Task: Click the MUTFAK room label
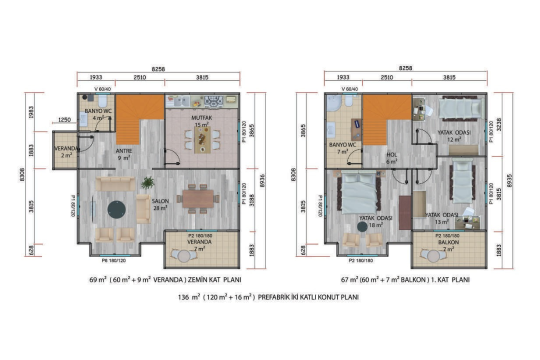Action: point(202,118)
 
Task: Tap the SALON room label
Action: point(160,201)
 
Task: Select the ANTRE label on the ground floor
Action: point(124,151)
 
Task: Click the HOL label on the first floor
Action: point(391,154)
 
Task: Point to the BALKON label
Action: point(448,242)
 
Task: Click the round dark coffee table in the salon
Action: point(116,210)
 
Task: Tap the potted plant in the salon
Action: point(148,182)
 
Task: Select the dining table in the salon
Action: point(198,199)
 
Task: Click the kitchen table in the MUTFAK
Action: point(202,139)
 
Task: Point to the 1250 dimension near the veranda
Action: point(64,119)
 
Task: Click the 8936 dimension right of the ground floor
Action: point(262,180)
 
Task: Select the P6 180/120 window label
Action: point(113,261)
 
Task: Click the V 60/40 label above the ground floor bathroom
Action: point(102,89)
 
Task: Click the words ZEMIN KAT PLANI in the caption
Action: point(214,279)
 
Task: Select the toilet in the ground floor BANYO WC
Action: point(102,100)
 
